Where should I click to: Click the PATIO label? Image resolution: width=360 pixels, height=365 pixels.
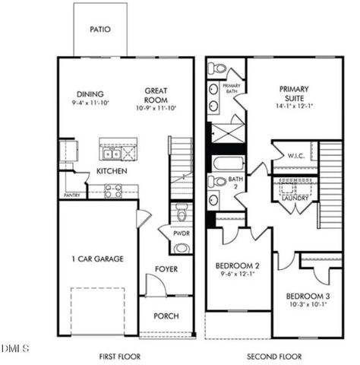tap(100, 30)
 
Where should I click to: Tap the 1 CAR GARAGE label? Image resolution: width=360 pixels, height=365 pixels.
tap(93, 259)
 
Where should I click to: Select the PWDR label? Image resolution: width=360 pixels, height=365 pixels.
tap(179, 233)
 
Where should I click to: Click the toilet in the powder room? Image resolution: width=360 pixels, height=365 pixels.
tap(179, 210)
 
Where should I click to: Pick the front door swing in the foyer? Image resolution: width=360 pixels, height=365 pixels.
tap(155, 287)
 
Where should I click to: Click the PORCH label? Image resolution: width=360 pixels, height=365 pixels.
tap(166, 316)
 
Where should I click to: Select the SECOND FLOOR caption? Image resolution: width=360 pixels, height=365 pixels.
tap(274, 356)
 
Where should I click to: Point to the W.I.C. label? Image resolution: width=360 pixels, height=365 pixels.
tap(296, 156)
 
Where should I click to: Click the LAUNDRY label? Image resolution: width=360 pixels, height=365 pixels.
tap(295, 198)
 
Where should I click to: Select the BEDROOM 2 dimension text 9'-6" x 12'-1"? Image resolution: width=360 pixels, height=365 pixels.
tap(237, 274)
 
